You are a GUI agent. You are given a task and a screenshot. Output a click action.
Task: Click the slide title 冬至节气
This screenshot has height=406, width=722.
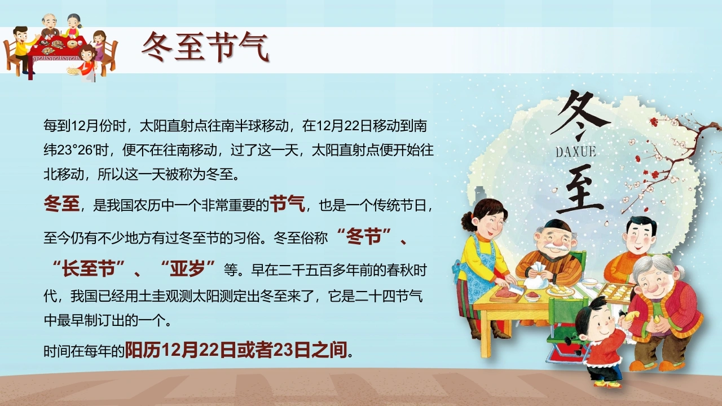[205, 47]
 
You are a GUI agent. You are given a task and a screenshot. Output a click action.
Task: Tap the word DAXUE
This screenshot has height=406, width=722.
[576, 152]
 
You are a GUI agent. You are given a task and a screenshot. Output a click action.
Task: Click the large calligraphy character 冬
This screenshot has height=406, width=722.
[579, 116]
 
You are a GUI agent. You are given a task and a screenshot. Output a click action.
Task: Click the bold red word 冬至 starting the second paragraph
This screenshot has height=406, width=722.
[61, 204]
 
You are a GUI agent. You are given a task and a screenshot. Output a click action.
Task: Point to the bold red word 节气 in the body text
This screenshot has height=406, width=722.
[287, 204]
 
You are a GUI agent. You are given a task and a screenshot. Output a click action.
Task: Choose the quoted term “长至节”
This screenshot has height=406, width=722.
[89, 269]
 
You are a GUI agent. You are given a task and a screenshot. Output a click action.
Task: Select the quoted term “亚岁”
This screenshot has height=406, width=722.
[188, 269]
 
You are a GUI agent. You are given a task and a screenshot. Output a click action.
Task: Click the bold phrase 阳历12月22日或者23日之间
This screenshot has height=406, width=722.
[236, 350]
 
